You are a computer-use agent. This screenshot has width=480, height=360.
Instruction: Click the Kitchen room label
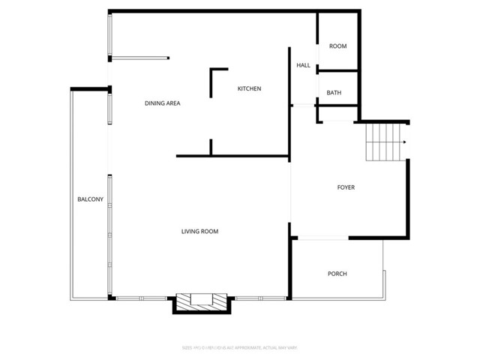(x=249, y=89)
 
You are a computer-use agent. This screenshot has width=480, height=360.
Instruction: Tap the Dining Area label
(x=163, y=103)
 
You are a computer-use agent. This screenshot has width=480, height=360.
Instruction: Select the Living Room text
(x=199, y=232)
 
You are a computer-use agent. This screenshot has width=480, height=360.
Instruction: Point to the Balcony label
(x=91, y=199)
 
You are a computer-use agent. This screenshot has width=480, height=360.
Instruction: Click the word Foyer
(x=346, y=187)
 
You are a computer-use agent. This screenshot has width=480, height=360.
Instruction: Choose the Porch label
(x=337, y=274)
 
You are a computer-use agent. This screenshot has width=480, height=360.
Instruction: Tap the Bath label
(x=334, y=93)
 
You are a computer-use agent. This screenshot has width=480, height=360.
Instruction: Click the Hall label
(x=303, y=66)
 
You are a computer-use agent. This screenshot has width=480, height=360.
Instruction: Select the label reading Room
(x=338, y=46)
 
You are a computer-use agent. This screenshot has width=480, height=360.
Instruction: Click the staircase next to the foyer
(x=382, y=142)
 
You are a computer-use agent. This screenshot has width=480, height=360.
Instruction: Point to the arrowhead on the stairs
(x=404, y=142)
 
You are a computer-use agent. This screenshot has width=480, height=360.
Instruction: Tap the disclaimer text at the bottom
(x=239, y=347)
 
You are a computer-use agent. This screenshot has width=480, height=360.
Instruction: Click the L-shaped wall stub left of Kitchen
(x=213, y=79)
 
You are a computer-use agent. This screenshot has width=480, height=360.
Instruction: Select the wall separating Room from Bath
(x=339, y=70)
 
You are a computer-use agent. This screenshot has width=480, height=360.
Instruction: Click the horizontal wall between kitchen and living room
(x=232, y=157)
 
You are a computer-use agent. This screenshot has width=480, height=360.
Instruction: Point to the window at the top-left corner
(x=111, y=35)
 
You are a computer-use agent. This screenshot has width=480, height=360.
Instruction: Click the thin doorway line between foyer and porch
(x=320, y=238)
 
